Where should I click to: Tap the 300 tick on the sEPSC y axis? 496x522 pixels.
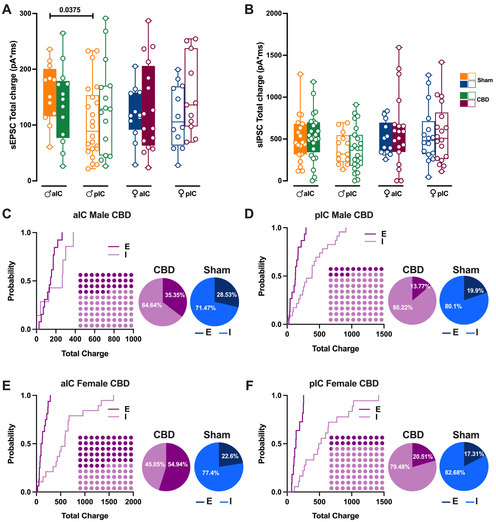[25, 13]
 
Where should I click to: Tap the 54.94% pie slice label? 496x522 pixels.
[178, 464]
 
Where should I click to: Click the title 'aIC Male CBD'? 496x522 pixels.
[102, 215]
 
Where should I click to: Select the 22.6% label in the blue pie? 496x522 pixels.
[230, 456]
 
